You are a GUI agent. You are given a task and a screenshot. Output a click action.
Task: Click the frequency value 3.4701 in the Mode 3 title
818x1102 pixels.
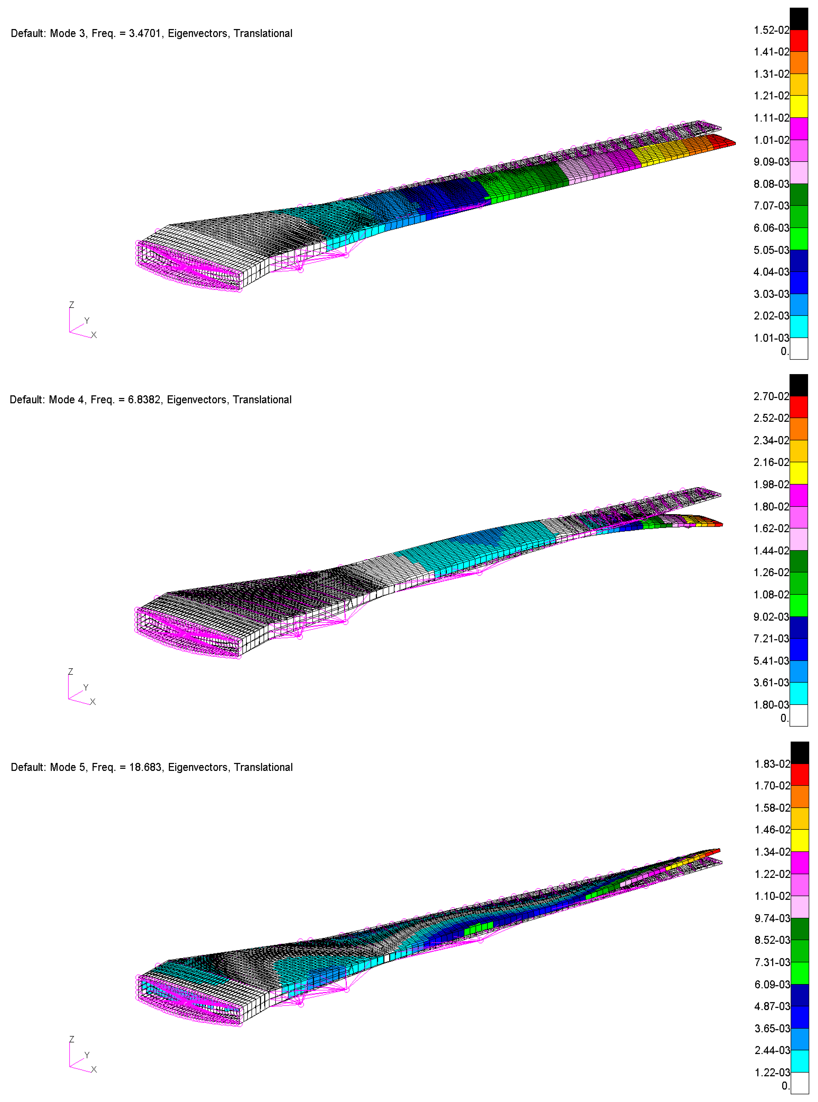[x=145, y=34]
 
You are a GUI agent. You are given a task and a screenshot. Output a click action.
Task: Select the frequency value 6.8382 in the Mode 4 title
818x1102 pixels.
[x=144, y=400]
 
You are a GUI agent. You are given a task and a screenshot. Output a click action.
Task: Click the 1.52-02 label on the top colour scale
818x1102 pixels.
[x=771, y=30]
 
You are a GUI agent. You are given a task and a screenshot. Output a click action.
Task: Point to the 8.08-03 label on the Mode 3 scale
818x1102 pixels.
[x=771, y=184]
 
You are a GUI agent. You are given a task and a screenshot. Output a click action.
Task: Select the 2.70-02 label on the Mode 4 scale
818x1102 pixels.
[x=771, y=397]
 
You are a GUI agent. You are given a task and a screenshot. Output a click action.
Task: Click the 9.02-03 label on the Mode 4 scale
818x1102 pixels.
[x=771, y=617]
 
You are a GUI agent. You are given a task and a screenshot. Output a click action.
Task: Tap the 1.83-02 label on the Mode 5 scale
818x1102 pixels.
[x=772, y=764]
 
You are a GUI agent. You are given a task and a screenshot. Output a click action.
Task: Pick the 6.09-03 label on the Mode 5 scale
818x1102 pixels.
[x=772, y=985]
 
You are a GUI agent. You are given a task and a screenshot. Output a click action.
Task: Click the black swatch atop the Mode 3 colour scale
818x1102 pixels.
[x=799, y=19]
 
